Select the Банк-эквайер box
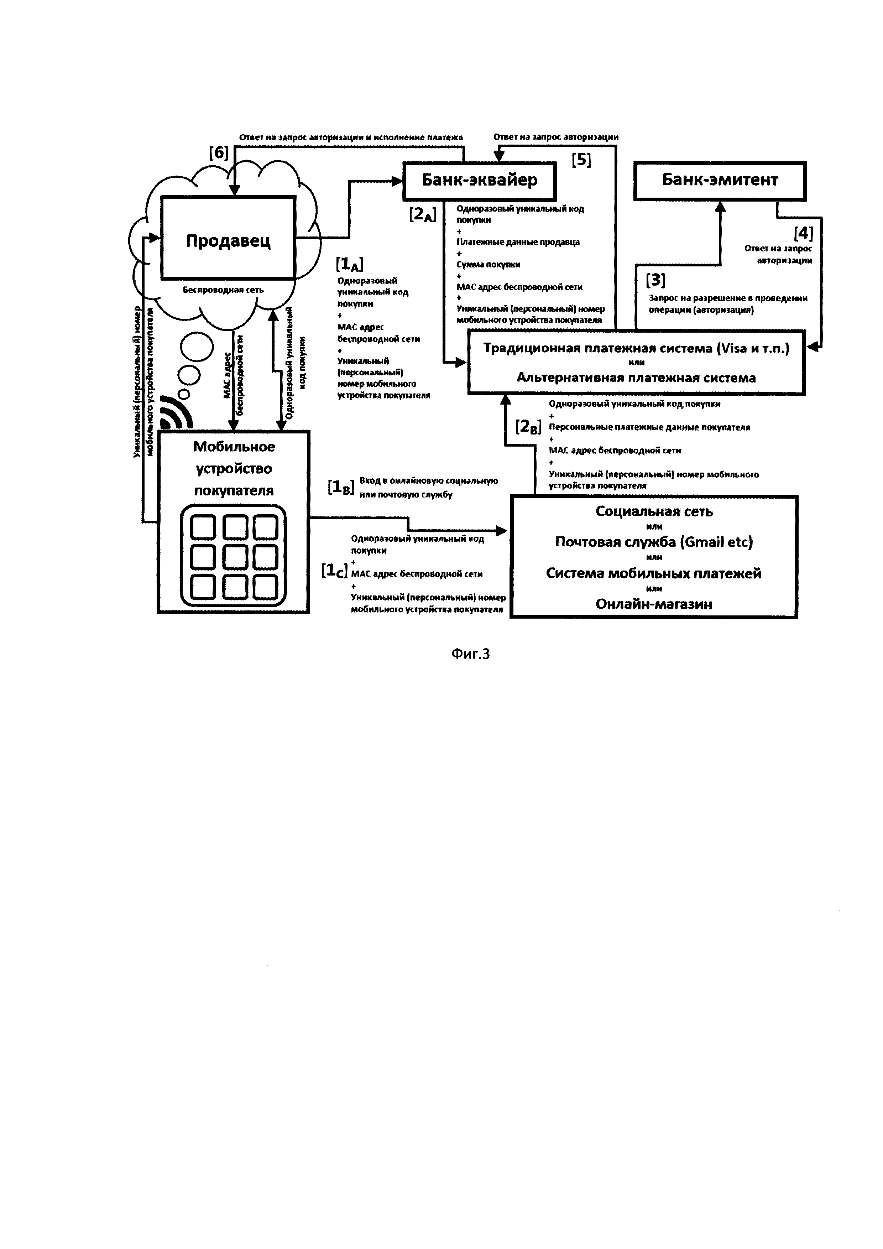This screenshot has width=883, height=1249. (480, 181)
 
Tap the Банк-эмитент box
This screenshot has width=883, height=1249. (720, 181)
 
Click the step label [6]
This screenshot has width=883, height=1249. (219, 153)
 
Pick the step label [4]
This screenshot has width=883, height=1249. (803, 233)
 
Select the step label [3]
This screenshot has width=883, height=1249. (655, 280)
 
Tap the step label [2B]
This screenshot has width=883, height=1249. (528, 427)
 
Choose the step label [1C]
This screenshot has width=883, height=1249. (334, 571)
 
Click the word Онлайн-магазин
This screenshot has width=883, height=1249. (654, 604)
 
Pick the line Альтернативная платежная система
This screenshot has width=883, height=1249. (636, 378)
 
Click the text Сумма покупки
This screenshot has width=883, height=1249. (488, 264)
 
